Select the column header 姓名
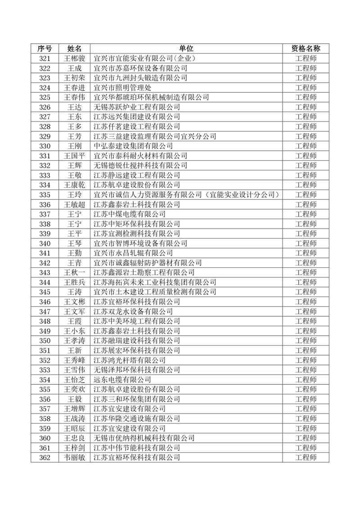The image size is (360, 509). click(x=74, y=49)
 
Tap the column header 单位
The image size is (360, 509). click(x=186, y=49)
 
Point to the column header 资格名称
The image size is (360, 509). click(x=306, y=49)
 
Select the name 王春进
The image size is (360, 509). click(x=74, y=88)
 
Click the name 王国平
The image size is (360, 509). click(x=74, y=156)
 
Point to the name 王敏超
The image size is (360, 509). click(x=74, y=204)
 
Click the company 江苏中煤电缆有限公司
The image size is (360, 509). click(x=129, y=214)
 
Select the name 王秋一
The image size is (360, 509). click(x=74, y=273)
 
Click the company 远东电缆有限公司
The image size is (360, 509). click(x=122, y=379)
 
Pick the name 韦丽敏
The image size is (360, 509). click(x=74, y=458)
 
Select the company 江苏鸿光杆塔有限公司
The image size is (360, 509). click(x=129, y=360)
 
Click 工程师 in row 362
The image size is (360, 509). click(x=306, y=458)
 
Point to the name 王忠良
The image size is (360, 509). click(x=74, y=438)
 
